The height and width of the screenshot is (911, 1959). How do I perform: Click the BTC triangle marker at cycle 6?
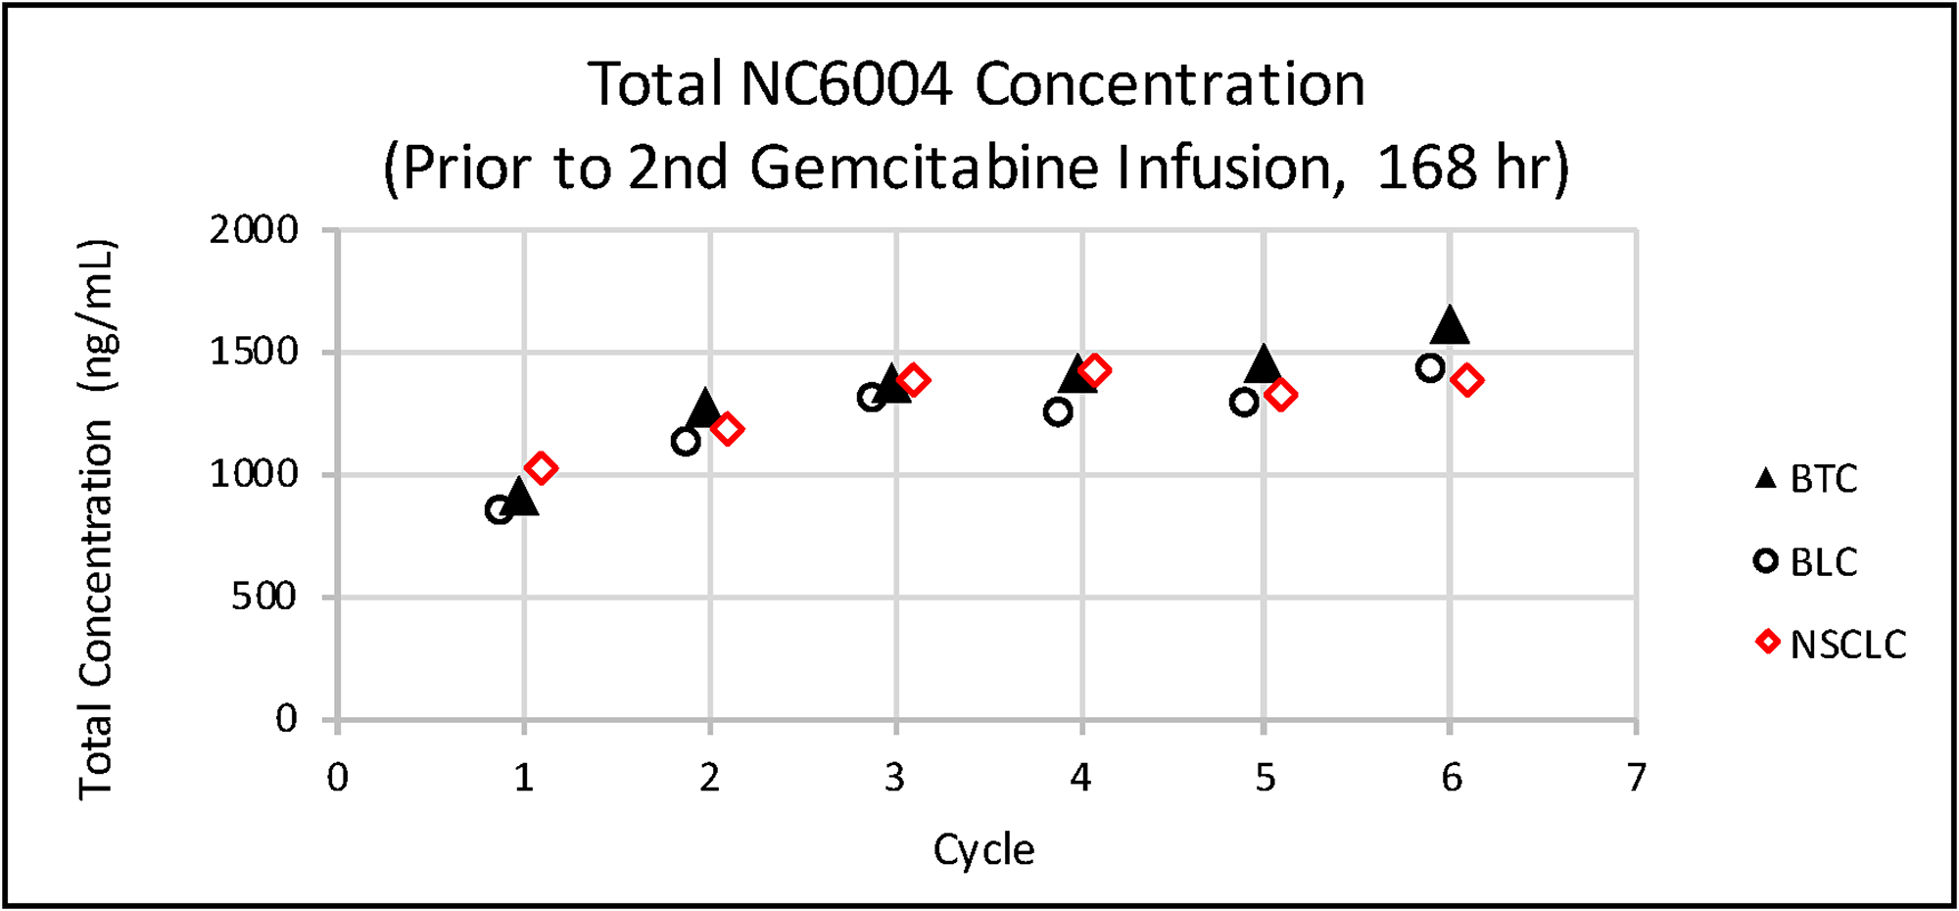[x=1450, y=326]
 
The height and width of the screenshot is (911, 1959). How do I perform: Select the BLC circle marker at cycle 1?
[x=500, y=509]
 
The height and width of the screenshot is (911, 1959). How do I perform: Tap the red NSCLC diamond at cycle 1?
[x=541, y=468]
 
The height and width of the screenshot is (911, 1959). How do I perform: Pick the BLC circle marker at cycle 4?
[x=1058, y=412]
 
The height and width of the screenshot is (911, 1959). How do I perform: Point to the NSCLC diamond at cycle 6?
[x=1466, y=380]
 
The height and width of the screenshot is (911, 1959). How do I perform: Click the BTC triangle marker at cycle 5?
[x=1264, y=364]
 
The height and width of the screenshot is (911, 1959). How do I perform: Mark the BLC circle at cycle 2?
[x=686, y=442]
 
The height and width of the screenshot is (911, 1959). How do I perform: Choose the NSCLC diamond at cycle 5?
[x=1280, y=395]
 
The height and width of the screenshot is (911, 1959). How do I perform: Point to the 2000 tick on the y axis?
[x=254, y=230]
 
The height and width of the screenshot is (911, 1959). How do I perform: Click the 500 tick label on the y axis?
[x=263, y=597]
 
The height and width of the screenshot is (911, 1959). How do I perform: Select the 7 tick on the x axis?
[x=1636, y=778]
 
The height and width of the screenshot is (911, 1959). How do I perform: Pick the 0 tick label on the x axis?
[x=338, y=778]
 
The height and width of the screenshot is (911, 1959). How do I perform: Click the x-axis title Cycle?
[x=983, y=849]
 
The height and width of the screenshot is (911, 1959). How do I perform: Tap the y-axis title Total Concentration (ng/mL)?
[x=97, y=519]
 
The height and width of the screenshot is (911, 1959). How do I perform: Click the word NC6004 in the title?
[x=846, y=84]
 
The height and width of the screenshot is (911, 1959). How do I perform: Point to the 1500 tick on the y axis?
[x=254, y=352]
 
